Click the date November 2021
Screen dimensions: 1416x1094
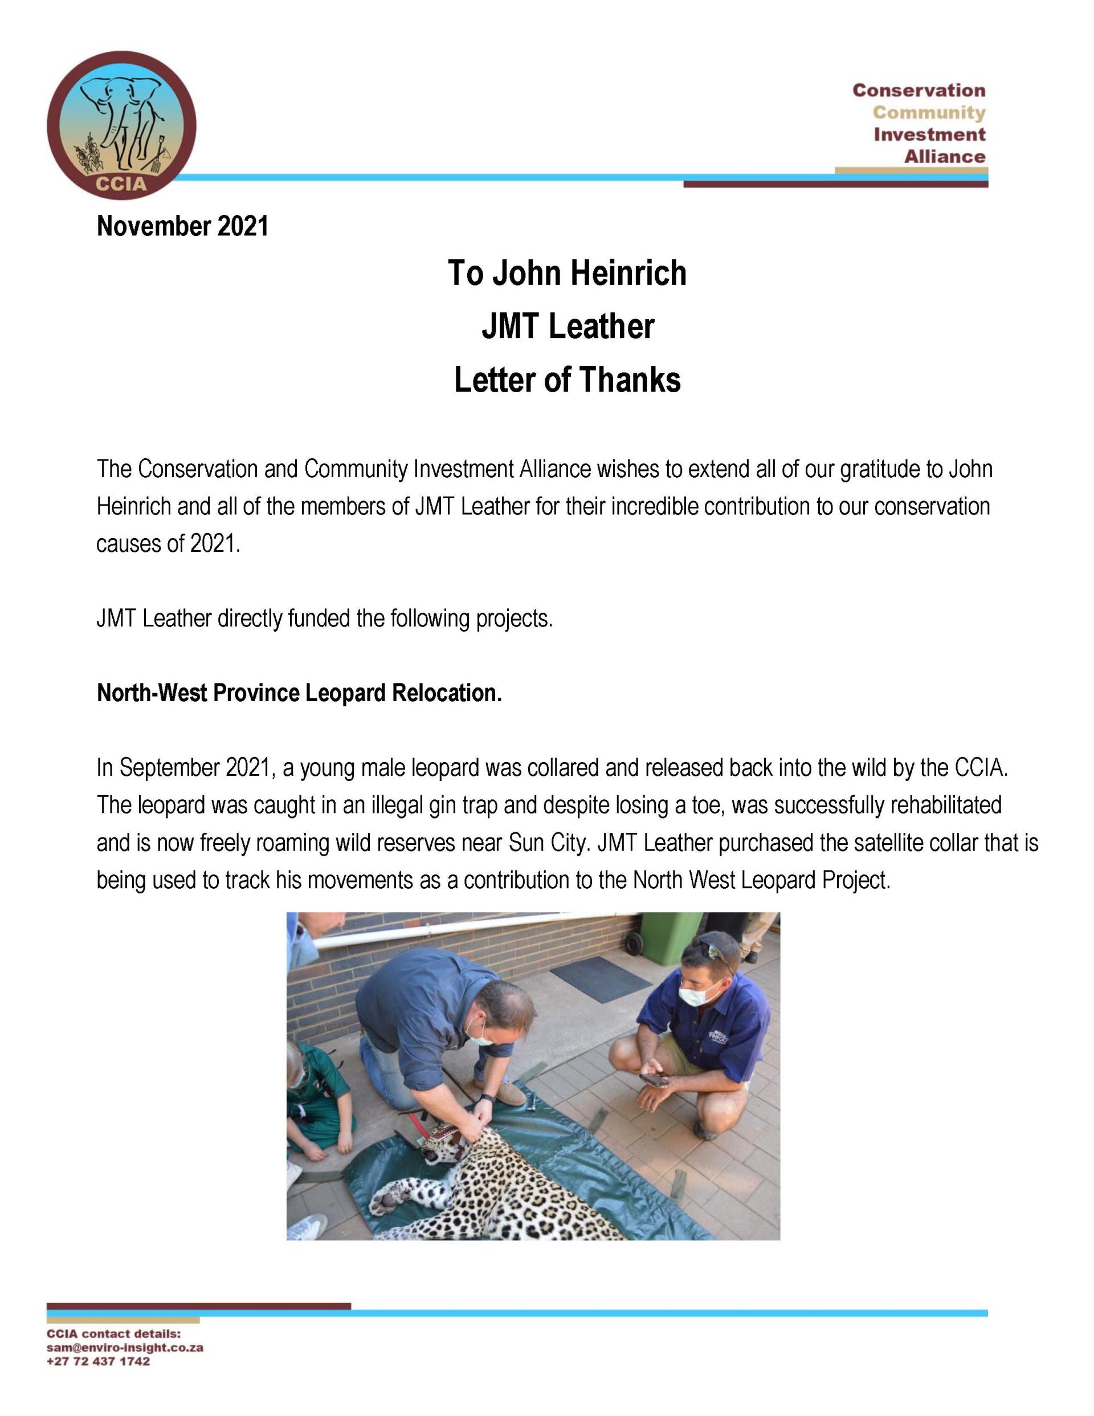coord(182,226)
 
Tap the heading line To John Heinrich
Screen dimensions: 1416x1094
coord(566,273)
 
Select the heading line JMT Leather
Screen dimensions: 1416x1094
coord(567,326)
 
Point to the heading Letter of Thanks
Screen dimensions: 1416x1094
coord(567,380)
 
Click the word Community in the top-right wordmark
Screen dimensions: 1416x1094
coord(928,112)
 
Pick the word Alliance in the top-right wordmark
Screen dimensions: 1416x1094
coord(944,156)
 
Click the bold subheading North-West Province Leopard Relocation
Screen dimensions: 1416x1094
coord(299,693)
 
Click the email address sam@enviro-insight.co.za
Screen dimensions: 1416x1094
coord(124,1347)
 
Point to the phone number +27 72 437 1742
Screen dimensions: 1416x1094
coord(98,1361)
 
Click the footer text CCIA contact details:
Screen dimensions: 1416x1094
coord(113,1334)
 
